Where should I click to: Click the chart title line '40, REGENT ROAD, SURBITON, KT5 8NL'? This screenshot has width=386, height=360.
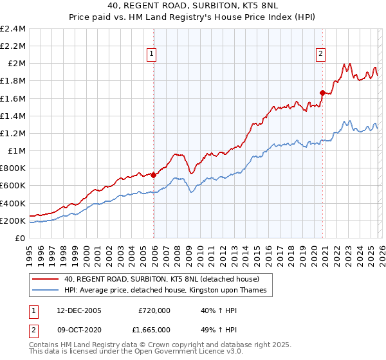coord(193,6)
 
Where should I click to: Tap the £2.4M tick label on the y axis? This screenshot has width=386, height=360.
coord(13,28)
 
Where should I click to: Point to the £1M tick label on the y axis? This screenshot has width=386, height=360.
coord(17,150)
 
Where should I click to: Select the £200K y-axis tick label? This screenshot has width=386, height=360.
coord(13,221)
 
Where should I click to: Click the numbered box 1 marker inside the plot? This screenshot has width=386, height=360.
coord(152,55)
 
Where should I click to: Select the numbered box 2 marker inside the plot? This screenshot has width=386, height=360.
coord(320,55)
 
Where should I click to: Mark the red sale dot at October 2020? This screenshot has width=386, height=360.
coord(322,92)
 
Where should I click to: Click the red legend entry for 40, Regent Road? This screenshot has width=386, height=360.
coord(161,279)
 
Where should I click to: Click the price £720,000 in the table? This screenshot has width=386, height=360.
coord(154,310)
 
